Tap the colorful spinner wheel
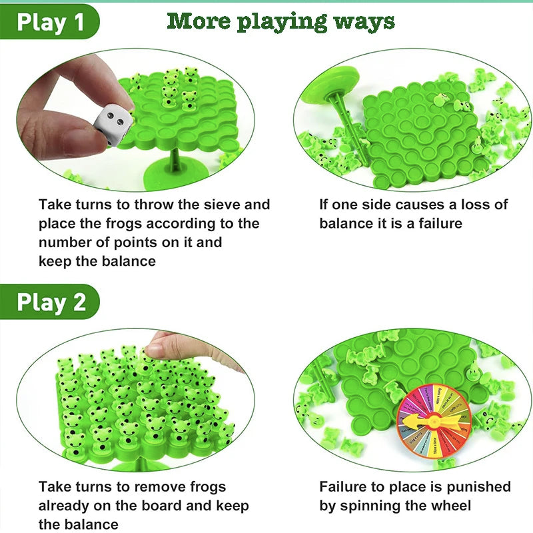click(x=434, y=418)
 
